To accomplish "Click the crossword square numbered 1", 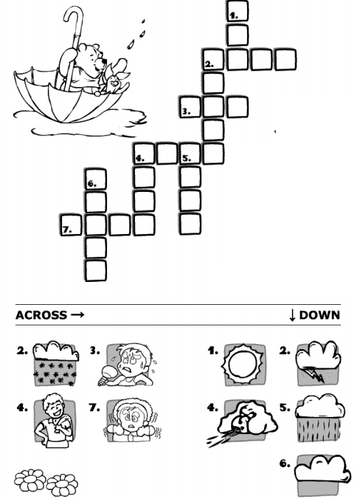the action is pos(238,11).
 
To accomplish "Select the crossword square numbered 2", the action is pos(213,60).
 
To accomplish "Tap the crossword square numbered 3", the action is pos(190,107).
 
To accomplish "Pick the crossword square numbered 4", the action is pos(144,154).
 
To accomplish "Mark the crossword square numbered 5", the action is pos(190,154).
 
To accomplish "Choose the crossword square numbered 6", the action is pos(96,179).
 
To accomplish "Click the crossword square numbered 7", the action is pos(71,225).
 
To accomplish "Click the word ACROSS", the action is pos(41,315).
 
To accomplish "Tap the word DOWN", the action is pos(319,315).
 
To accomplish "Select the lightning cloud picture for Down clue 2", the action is pos(319,363).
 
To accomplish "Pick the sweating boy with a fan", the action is pos(126,365).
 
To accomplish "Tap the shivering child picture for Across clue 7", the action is pos(132,420).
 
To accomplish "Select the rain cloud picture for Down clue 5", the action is pos(320,418).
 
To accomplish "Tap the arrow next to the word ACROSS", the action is pos(77,315).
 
